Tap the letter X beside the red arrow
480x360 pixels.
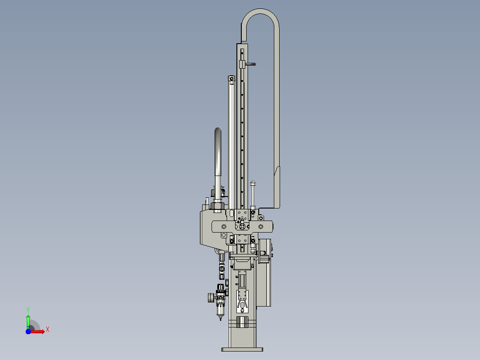[x=48, y=330]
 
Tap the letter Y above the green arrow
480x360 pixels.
[x=28, y=310]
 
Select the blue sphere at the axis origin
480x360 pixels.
[x=28, y=331]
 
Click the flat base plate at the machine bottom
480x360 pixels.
[x=242, y=349]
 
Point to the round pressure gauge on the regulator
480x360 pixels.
[x=211, y=298]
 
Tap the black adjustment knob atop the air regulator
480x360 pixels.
[x=220, y=287]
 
